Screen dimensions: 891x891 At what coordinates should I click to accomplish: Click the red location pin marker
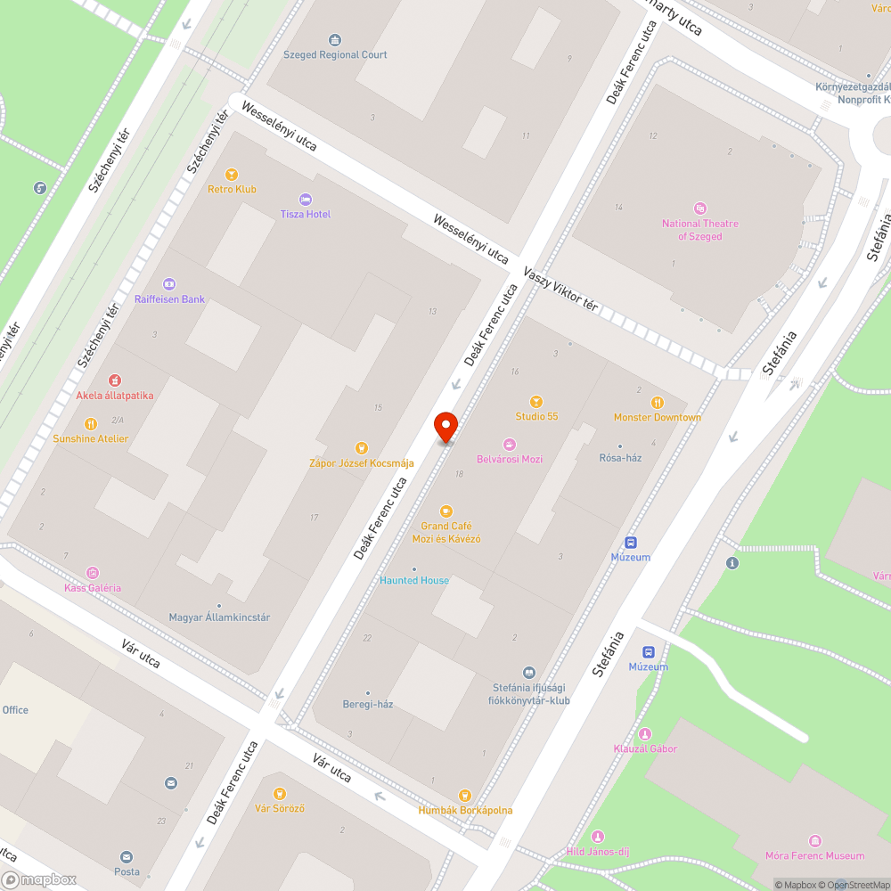(445, 426)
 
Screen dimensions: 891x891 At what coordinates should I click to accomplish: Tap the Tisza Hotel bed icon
(307, 200)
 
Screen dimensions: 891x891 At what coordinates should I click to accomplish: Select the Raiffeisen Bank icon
(169, 284)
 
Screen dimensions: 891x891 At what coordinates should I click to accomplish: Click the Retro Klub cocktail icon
(232, 175)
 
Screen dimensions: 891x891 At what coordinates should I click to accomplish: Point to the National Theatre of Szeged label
(699, 230)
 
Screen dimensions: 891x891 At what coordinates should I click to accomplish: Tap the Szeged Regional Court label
(335, 54)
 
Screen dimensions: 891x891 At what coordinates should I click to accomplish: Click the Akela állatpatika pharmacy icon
(115, 380)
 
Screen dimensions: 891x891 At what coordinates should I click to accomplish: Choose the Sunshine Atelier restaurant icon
(90, 424)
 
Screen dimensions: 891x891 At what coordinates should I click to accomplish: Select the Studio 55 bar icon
(536, 402)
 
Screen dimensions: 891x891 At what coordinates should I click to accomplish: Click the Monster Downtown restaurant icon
(658, 403)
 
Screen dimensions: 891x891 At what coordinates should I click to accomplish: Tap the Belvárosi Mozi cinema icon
(509, 445)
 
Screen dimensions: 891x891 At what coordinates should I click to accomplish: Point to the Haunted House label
(414, 580)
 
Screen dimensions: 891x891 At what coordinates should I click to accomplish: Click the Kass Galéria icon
(93, 573)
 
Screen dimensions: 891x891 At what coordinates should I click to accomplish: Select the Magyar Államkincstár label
(219, 617)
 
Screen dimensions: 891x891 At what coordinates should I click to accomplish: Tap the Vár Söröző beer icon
(280, 794)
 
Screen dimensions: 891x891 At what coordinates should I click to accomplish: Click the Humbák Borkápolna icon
(464, 796)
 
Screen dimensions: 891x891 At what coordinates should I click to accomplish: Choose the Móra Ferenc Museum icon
(814, 841)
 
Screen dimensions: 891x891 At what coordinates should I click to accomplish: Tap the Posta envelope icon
(127, 857)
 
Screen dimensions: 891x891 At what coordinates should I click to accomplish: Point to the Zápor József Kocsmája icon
(362, 448)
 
